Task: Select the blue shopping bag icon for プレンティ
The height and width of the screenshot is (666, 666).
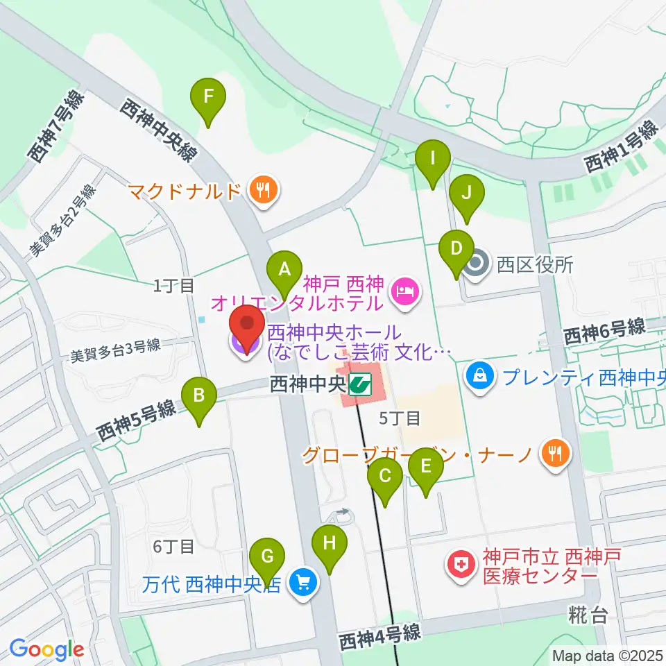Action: [479, 377]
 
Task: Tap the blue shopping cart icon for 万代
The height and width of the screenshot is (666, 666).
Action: [302, 581]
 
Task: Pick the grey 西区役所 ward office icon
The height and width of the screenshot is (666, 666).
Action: [477, 264]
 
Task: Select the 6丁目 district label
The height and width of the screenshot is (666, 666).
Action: [173, 547]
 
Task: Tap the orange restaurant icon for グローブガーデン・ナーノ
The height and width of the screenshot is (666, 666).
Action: [555, 453]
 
